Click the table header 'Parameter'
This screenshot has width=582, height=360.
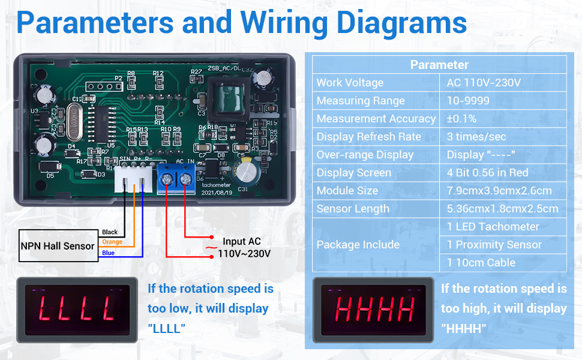pos(439,65)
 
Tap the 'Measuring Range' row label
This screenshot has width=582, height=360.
pos(361,101)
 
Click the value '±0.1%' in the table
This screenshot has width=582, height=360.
pos(461,119)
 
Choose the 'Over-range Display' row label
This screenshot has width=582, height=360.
pos(365,155)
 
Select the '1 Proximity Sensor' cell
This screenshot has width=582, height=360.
pos(494,245)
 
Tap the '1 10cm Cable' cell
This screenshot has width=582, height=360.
pos(481,263)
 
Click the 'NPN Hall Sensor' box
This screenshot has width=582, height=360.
pos(58,246)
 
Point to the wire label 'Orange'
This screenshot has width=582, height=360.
pos(112,242)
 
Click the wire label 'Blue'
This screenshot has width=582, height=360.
pos(108,253)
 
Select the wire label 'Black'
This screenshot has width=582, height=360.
pos(110,232)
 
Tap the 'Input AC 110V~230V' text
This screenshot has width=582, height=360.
pos(243,248)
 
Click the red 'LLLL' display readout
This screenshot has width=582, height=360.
pos(76,309)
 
